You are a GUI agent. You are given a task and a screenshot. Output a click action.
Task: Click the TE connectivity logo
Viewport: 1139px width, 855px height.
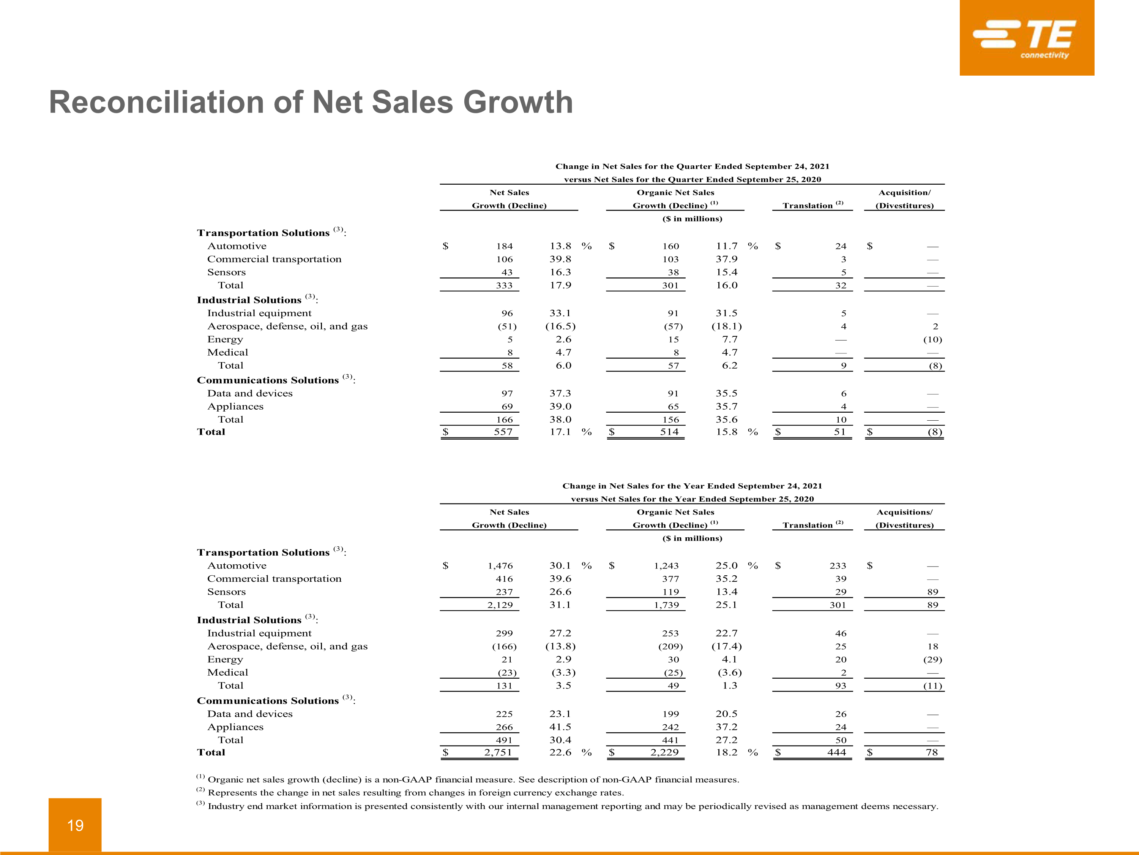point(1026,38)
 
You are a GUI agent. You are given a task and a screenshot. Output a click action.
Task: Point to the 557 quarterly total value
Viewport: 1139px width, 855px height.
point(503,432)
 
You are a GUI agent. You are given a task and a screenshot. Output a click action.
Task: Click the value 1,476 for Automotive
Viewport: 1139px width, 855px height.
point(500,566)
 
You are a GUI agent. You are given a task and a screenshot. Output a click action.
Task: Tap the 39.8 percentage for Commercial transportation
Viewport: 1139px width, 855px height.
point(560,259)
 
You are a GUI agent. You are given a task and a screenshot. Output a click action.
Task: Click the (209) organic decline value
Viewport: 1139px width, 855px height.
point(670,646)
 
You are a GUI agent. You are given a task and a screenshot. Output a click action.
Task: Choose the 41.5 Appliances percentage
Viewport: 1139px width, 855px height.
point(560,727)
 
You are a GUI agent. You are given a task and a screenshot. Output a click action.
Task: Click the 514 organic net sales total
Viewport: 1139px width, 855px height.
point(669,432)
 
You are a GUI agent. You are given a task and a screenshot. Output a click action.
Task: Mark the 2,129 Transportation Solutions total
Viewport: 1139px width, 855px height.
point(500,605)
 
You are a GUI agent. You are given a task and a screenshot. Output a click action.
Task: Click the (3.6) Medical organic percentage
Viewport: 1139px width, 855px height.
point(729,673)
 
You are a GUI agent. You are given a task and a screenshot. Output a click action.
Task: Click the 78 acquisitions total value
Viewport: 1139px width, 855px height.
point(932,752)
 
